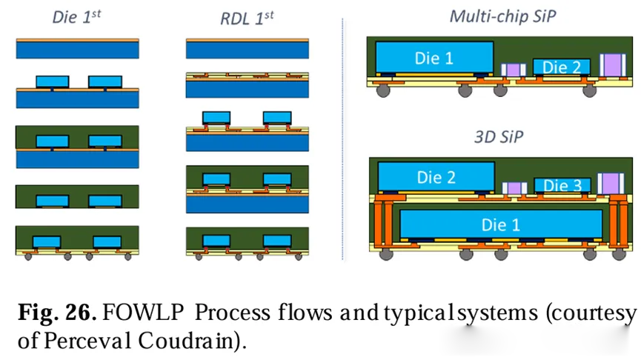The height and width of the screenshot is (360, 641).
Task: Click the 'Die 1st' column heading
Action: point(76,16)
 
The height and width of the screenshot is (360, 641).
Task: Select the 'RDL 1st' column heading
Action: point(248,16)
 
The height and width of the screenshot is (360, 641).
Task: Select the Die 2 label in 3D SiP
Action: point(436,178)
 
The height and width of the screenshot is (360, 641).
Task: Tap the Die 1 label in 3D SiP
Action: point(500,222)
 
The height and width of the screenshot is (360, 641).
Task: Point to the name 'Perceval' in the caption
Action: point(72,342)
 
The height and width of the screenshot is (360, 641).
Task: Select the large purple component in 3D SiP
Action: point(612,184)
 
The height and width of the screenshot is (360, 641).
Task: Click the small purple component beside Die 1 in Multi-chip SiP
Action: point(512,70)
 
